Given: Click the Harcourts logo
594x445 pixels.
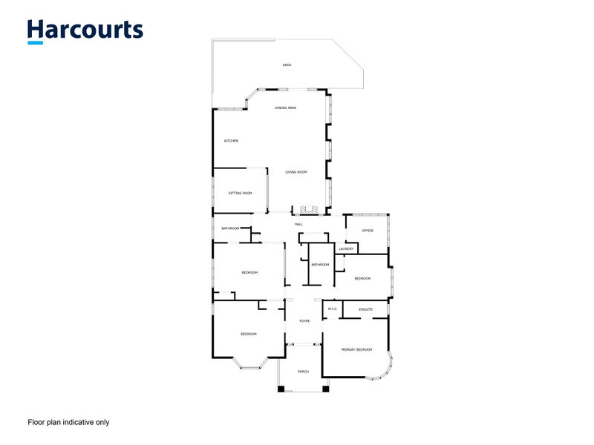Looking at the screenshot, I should point(85,31).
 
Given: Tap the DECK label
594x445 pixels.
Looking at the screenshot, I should point(287,65).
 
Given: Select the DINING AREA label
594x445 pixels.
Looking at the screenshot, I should point(286,108).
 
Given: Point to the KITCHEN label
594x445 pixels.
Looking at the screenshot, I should point(231,141).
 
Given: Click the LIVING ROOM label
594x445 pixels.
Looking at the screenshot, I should point(296,172).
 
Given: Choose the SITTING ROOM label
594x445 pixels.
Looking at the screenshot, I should point(241,193).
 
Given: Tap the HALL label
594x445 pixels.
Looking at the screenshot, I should point(298,224).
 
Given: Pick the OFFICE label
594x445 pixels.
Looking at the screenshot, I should point(367,231).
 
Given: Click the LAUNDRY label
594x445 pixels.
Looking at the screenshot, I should point(346,248).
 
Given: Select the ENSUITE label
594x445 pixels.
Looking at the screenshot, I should point(365,309).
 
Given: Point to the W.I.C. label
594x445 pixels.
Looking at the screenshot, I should point(333,309).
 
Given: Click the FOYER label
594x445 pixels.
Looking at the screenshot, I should point(304,321).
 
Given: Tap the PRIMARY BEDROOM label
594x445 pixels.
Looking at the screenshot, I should point(356,349).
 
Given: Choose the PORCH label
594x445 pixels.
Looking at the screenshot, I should point(303,372).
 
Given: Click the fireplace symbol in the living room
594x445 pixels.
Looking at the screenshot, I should point(309,210).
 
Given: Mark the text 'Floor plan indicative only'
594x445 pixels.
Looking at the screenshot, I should point(68,422).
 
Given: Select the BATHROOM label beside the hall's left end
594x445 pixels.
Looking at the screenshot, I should point(229,228).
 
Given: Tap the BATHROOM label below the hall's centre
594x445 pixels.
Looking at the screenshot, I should point(320,265).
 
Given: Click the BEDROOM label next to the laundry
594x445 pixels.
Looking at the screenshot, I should point(362,278).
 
